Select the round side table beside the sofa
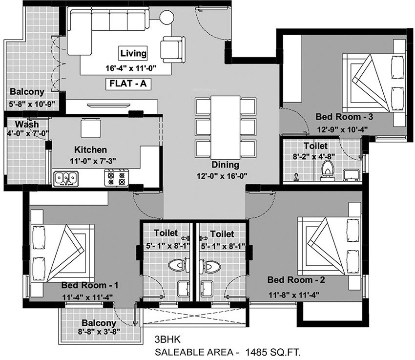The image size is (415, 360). [x=166, y=17]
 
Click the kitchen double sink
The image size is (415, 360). [x=65, y=178]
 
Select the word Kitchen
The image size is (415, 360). [x=90, y=150]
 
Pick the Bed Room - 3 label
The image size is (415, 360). [x=337, y=117]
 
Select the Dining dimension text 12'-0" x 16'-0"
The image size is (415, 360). [x=225, y=176]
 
